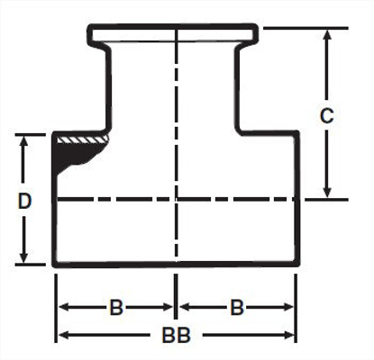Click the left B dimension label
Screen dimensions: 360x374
[116, 308]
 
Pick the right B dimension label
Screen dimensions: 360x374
[236, 308]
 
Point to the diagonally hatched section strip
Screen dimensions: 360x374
[84, 139]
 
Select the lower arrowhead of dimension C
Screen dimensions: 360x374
[328, 191]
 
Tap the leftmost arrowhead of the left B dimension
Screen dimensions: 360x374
[63, 308]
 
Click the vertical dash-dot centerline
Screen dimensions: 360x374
[177, 108]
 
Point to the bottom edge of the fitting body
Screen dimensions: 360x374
[176, 265]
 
